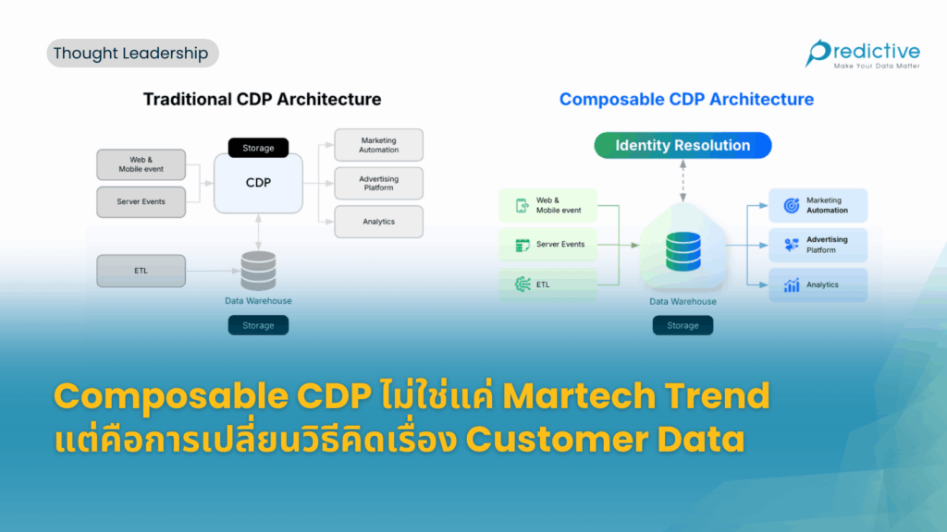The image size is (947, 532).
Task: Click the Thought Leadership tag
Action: coord(131,54)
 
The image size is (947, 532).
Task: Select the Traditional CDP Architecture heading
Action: coord(262,99)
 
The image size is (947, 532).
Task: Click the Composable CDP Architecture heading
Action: coord(686,99)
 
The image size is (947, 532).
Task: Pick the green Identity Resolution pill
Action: coord(683,145)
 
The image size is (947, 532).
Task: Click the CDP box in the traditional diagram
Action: coord(259,183)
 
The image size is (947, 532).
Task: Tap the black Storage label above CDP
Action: coord(259,148)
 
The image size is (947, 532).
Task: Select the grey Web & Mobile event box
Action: coord(141,164)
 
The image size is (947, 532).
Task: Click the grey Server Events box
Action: coord(141,201)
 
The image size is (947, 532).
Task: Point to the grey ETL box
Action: coord(141,271)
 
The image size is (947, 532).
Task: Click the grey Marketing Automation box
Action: coord(378,145)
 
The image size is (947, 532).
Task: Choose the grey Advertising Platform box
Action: coord(378,183)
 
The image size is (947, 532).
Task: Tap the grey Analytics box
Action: coord(378,222)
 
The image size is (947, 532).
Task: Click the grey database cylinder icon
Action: coord(259,271)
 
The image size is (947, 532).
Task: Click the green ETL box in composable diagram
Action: coord(547,284)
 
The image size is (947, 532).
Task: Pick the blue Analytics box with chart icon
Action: coord(818,285)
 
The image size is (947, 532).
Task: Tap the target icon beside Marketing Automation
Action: coord(792,206)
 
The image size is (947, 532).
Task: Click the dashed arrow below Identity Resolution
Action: coord(683,180)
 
